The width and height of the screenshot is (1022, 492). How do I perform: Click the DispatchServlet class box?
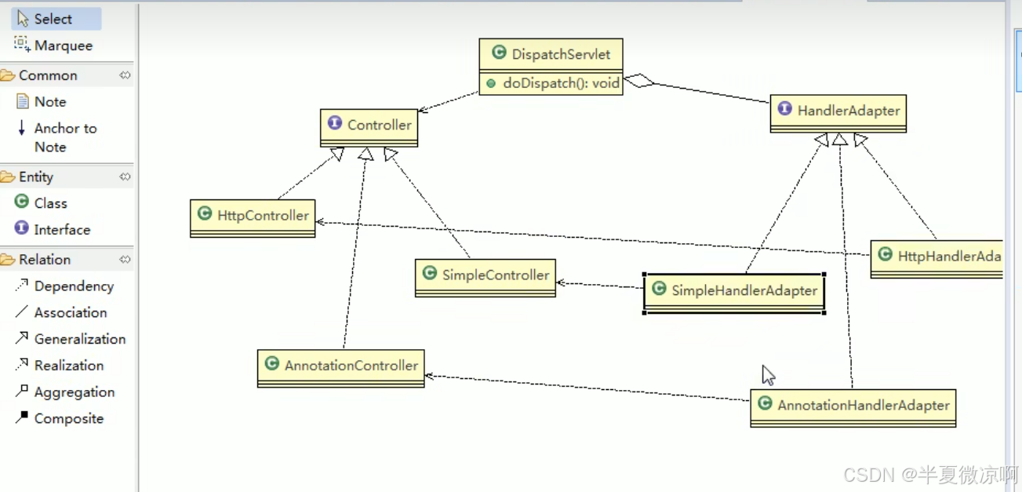(551, 54)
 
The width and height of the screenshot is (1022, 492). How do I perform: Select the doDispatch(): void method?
(560, 83)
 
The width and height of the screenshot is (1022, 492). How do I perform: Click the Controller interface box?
(369, 125)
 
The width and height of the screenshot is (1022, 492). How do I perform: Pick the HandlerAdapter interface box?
(838, 111)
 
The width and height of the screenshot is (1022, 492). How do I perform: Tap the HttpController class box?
(253, 216)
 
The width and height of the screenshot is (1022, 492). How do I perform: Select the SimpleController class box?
(485, 275)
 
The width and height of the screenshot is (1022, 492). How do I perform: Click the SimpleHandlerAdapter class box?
(733, 291)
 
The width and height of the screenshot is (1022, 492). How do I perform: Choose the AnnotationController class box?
(340, 366)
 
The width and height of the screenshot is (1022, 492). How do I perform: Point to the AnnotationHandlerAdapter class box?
(853, 406)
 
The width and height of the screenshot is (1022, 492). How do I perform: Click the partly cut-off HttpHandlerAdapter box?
(937, 257)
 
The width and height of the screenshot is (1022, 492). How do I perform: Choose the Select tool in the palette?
(53, 19)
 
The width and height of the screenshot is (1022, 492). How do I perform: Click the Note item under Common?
(49, 102)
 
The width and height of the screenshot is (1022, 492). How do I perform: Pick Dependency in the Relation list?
(73, 286)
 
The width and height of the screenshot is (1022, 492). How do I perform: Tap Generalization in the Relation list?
(79, 339)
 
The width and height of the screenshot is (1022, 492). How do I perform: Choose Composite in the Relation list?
(68, 418)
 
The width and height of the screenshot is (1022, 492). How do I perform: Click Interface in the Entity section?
(61, 230)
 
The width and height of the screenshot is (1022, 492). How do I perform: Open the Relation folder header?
(45, 260)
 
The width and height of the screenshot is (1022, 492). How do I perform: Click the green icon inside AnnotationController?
(272, 364)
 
